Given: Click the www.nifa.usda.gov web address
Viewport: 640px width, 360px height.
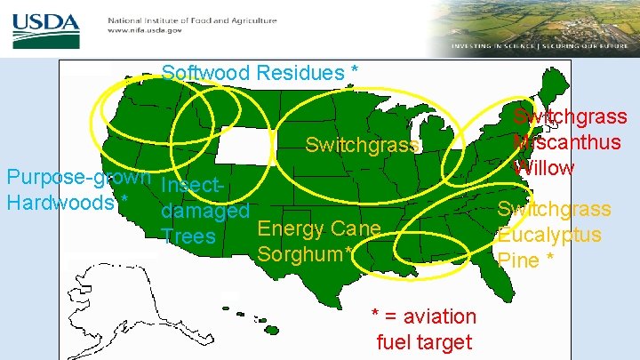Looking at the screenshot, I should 144,30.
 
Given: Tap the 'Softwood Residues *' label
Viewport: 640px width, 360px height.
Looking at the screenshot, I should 261,72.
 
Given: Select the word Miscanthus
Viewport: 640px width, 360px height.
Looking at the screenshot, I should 567,142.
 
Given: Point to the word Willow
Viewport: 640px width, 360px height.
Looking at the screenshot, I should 544,167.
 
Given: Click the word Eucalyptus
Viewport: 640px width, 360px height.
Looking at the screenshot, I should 549,235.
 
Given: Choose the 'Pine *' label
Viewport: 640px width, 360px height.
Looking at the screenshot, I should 526,260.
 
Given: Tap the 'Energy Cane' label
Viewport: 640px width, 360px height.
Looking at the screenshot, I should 318,229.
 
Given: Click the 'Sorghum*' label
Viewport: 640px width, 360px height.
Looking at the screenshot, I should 306,254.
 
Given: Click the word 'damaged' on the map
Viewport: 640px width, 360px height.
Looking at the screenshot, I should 204,212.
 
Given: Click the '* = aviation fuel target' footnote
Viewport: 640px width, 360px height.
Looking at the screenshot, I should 424,328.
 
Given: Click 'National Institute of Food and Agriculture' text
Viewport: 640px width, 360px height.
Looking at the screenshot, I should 192,20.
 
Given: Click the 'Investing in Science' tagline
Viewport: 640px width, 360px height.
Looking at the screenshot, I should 493,45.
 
